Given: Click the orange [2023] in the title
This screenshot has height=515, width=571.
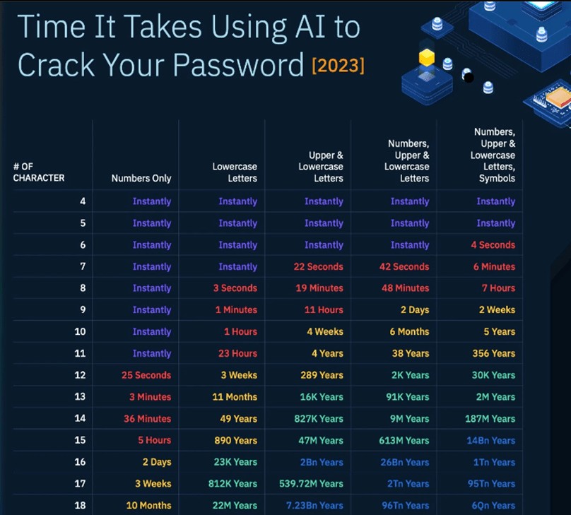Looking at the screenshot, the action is click(x=338, y=66).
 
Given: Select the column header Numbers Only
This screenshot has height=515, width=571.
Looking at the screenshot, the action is click(x=141, y=178).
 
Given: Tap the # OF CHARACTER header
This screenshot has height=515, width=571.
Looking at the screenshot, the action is click(x=39, y=172).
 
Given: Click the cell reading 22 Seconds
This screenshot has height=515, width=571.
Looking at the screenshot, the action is click(x=318, y=267).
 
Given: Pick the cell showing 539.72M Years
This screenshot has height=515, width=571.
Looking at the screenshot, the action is click(x=311, y=484).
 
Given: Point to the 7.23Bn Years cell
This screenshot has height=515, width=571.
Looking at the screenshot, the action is click(x=314, y=506).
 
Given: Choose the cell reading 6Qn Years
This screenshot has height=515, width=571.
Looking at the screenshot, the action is click(x=493, y=506).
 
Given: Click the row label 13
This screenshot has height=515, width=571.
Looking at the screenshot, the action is click(x=80, y=397).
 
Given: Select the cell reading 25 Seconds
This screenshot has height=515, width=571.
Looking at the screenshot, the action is click(x=146, y=375).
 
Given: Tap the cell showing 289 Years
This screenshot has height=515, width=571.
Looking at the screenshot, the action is click(x=322, y=375).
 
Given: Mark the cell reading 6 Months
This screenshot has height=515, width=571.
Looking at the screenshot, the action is click(x=409, y=331).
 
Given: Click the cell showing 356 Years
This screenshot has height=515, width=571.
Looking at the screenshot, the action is click(x=494, y=353).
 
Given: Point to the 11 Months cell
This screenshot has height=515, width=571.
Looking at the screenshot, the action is click(x=235, y=397).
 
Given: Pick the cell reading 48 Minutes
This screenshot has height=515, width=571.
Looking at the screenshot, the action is click(x=406, y=288).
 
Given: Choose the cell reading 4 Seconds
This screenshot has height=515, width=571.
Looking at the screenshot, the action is click(x=493, y=245).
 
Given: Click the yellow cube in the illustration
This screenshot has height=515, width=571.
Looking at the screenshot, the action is click(x=426, y=57).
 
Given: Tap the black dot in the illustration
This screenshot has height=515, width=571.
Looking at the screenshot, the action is click(x=469, y=78).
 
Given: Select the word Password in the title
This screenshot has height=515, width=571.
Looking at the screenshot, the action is click(x=238, y=65).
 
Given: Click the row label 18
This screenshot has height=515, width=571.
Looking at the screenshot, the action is click(x=80, y=506).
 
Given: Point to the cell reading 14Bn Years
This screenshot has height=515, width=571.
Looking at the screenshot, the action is click(x=491, y=440).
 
